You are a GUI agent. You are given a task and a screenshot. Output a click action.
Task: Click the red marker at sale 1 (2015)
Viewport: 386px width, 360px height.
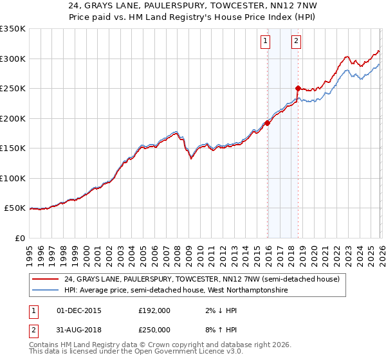267,123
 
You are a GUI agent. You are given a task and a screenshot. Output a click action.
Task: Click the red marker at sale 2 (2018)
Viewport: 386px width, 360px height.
298,88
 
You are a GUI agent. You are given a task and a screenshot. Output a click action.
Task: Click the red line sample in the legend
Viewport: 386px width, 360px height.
46,279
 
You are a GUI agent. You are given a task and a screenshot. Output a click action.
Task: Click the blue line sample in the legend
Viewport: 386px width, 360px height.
46,291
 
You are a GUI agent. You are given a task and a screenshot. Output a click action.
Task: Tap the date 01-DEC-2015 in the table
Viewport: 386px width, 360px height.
79,310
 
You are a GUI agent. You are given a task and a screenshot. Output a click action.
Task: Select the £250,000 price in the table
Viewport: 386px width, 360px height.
154,330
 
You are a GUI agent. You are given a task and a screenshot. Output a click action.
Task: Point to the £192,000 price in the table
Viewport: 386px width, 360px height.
154,310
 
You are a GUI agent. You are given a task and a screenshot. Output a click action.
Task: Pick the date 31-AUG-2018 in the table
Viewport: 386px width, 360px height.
79,330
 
